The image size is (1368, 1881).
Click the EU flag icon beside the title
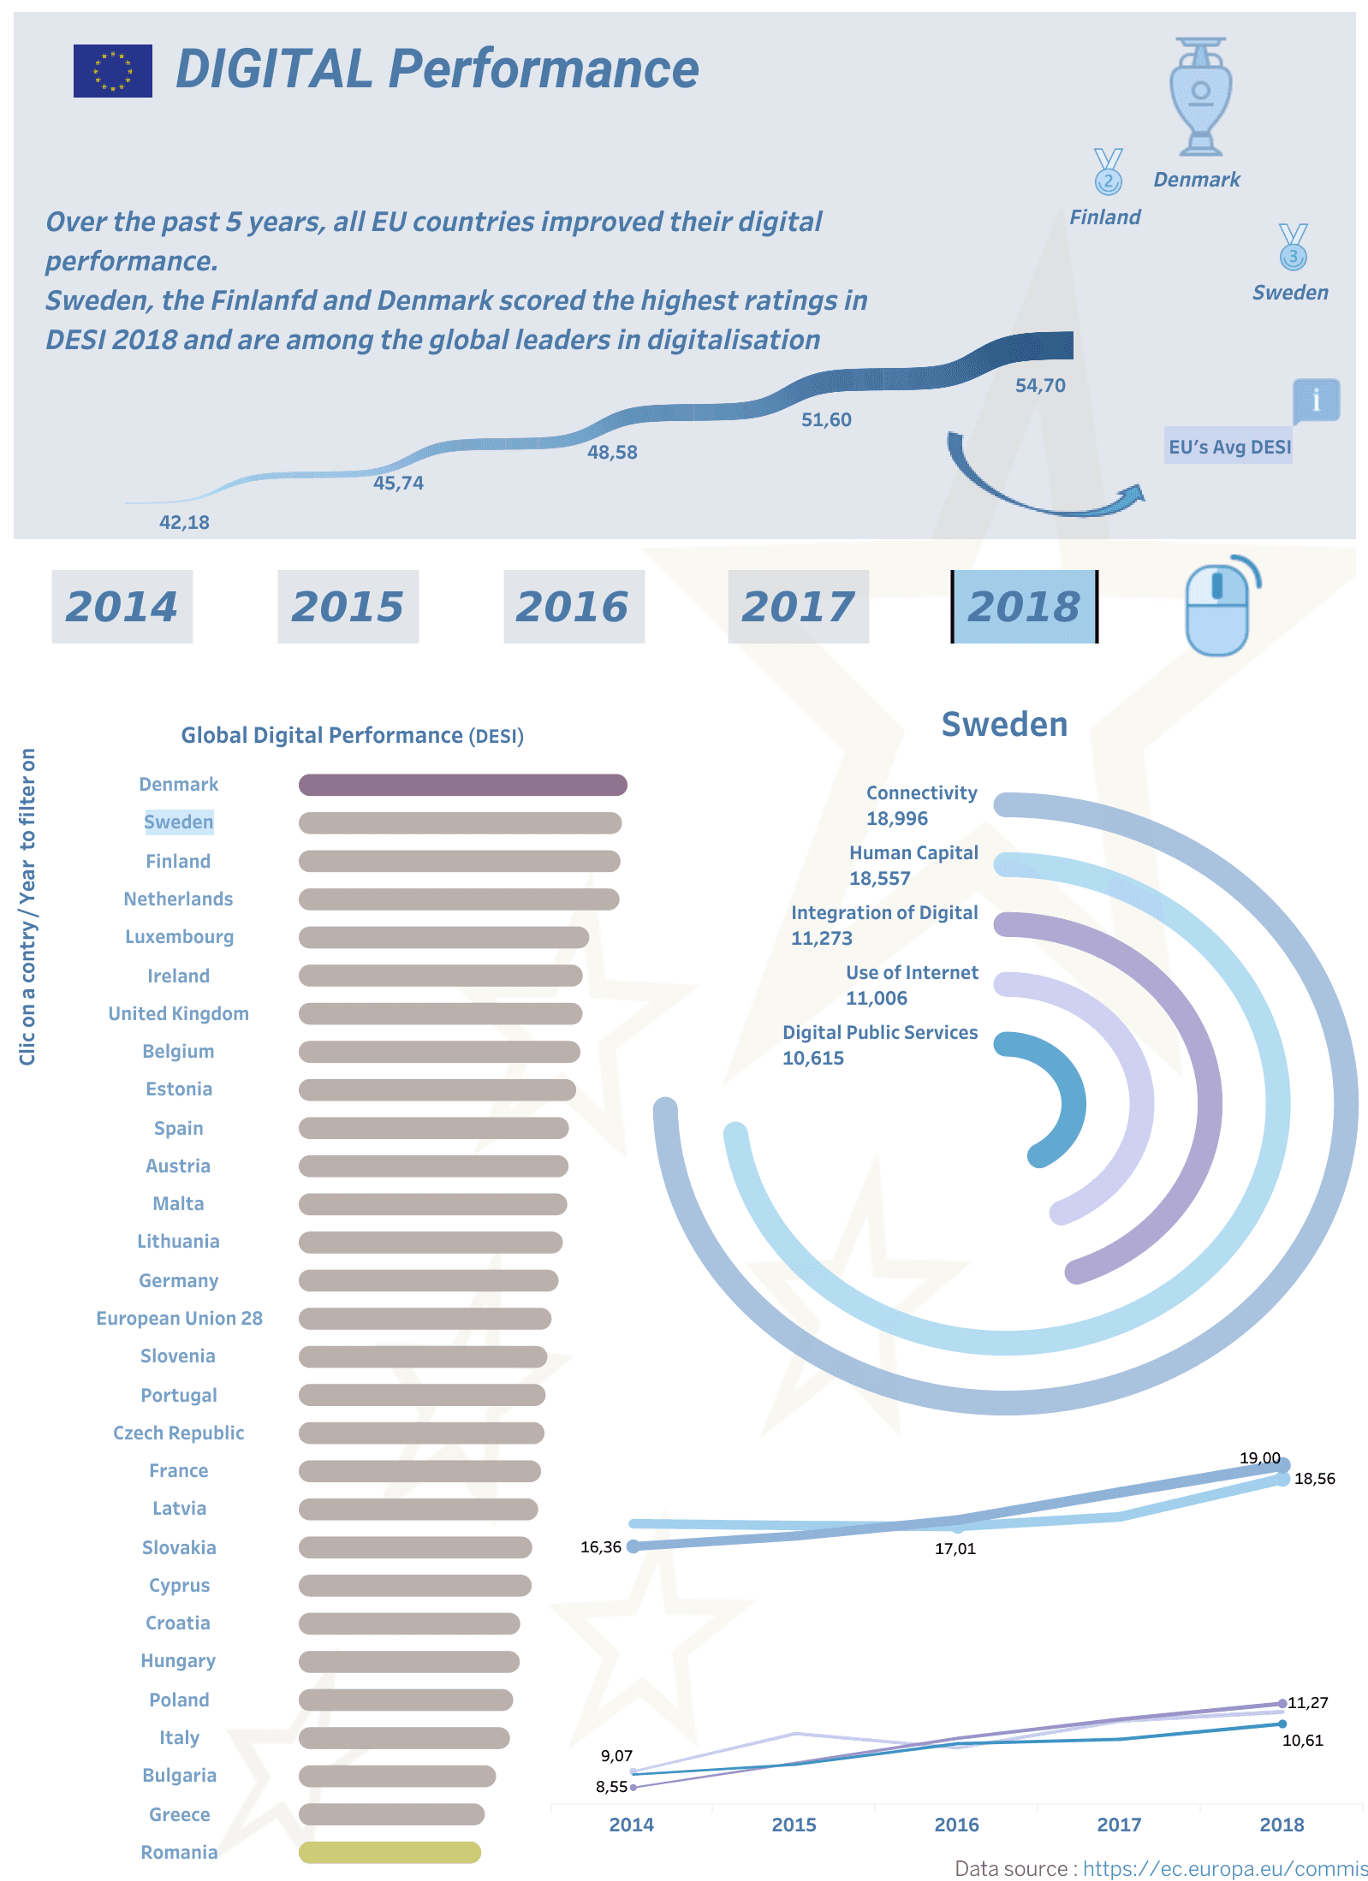pyautogui.click(x=112, y=71)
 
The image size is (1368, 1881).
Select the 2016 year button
pyautogui.click(x=574, y=607)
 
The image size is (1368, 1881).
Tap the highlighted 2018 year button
pyautogui.click(x=1024, y=607)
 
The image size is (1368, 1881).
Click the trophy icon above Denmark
pyautogui.click(x=1200, y=97)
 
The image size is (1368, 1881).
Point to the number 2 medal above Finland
pyautogui.click(x=1108, y=172)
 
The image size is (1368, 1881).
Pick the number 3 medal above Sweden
pyautogui.click(x=1293, y=247)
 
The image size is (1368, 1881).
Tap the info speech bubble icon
pyautogui.click(x=1316, y=400)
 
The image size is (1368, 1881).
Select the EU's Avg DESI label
pyautogui.click(x=1229, y=447)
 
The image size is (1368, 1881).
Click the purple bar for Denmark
pyautogui.click(x=462, y=785)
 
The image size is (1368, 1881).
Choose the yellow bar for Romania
pyautogui.click(x=390, y=1853)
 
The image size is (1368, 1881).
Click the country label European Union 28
pyautogui.click(x=179, y=1318)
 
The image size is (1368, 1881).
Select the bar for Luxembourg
pyautogui.click(x=443, y=937)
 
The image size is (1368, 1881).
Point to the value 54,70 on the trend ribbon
pyautogui.click(x=1040, y=386)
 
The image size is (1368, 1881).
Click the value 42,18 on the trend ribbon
pyautogui.click(x=184, y=523)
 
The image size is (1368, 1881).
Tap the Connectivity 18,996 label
pyautogui.click(x=921, y=805)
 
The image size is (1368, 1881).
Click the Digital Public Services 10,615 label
pyautogui.click(x=879, y=1045)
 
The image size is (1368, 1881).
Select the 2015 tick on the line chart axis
pyautogui.click(x=794, y=1825)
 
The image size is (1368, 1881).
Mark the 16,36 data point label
pyautogui.click(x=601, y=1547)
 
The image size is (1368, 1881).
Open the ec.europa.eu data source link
pyautogui.click(x=1225, y=1869)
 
